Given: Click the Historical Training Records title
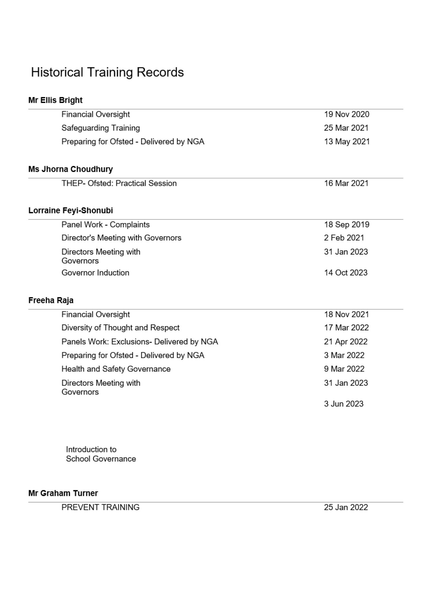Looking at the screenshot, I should coord(107,72).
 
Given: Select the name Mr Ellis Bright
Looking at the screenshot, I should coord(55,100).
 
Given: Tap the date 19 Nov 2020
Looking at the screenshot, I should coord(347,115).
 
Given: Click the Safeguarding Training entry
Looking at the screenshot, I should coord(100,128).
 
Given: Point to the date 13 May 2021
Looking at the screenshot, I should coord(347,142).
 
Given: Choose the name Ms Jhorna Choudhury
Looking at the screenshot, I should coord(71,169).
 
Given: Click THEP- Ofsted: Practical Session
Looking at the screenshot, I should coord(119,183).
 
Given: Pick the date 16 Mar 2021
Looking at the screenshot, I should coord(346,183).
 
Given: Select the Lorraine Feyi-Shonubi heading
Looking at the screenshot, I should coord(71,210).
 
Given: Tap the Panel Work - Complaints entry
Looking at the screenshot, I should coord(105,225).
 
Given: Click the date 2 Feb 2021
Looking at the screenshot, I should coord(344,238).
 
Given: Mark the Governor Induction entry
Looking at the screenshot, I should coord(95,273).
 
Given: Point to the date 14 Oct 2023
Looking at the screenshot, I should coord(346,273).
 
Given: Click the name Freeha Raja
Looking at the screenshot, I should coord(51,300).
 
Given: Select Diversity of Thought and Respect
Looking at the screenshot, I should coord(120,328).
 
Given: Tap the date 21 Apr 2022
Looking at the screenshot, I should coord(346,342).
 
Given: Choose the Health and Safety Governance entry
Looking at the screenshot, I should coord(116,369).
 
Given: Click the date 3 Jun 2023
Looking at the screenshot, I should coord(344,404).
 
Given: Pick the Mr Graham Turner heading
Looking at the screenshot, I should coord(63,493).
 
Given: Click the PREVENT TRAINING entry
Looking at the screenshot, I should coord(100,508).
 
